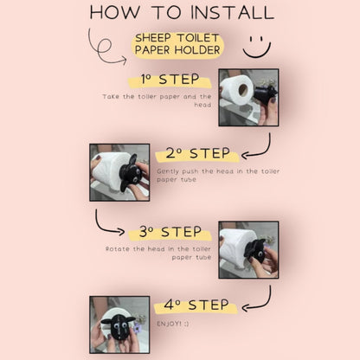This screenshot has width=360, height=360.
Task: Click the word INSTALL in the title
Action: tap(232, 12)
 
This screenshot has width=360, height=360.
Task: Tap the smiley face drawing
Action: tap(257, 47)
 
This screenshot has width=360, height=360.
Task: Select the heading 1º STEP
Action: tap(170, 80)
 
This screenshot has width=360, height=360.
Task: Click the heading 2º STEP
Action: tap(198, 153)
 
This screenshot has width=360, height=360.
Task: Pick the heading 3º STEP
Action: tap(170, 232)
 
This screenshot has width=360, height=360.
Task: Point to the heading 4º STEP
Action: tap(196, 305)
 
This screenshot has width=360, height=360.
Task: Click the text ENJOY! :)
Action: tap(173, 324)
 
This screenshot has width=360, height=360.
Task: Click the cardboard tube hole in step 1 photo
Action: tap(243, 90)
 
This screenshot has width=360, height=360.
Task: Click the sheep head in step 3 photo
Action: tap(256, 250)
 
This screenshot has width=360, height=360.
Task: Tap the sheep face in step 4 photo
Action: tap(119, 327)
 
